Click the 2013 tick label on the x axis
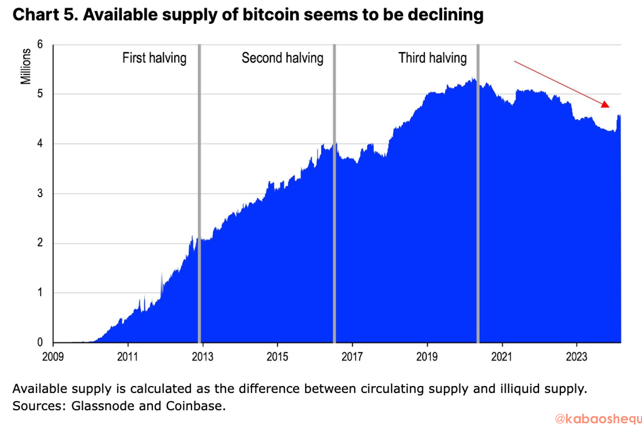pos(202,356)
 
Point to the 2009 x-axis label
pos(53,356)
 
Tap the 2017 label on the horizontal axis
pos(352,356)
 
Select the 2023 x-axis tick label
pos(576,356)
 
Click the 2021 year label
pos(502,356)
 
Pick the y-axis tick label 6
pos(40,44)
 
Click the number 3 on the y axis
pos(40,193)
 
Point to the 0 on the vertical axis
pos(40,342)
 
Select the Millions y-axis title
pos(26,66)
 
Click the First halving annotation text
pos(154,58)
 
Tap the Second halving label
pos(282,58)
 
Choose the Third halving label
pos(432,58)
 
